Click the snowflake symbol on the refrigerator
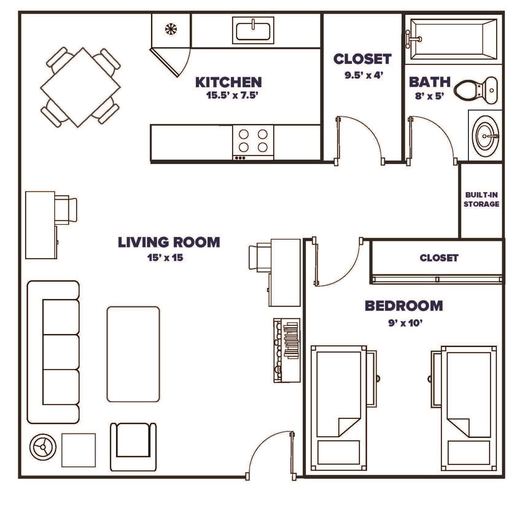click(171, 29)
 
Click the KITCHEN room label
click(228, 82)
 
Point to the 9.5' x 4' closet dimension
click(364, 75)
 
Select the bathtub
click(453, 39)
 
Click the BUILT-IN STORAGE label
click(481, 200)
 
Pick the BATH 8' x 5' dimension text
click(430, 96)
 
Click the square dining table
click(80, 87)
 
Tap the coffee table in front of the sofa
click(133, 354)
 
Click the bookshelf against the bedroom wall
click(287, 350)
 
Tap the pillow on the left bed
click(338, 452)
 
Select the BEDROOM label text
click(404, 306)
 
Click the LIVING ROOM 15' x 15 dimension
click(165, 258)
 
